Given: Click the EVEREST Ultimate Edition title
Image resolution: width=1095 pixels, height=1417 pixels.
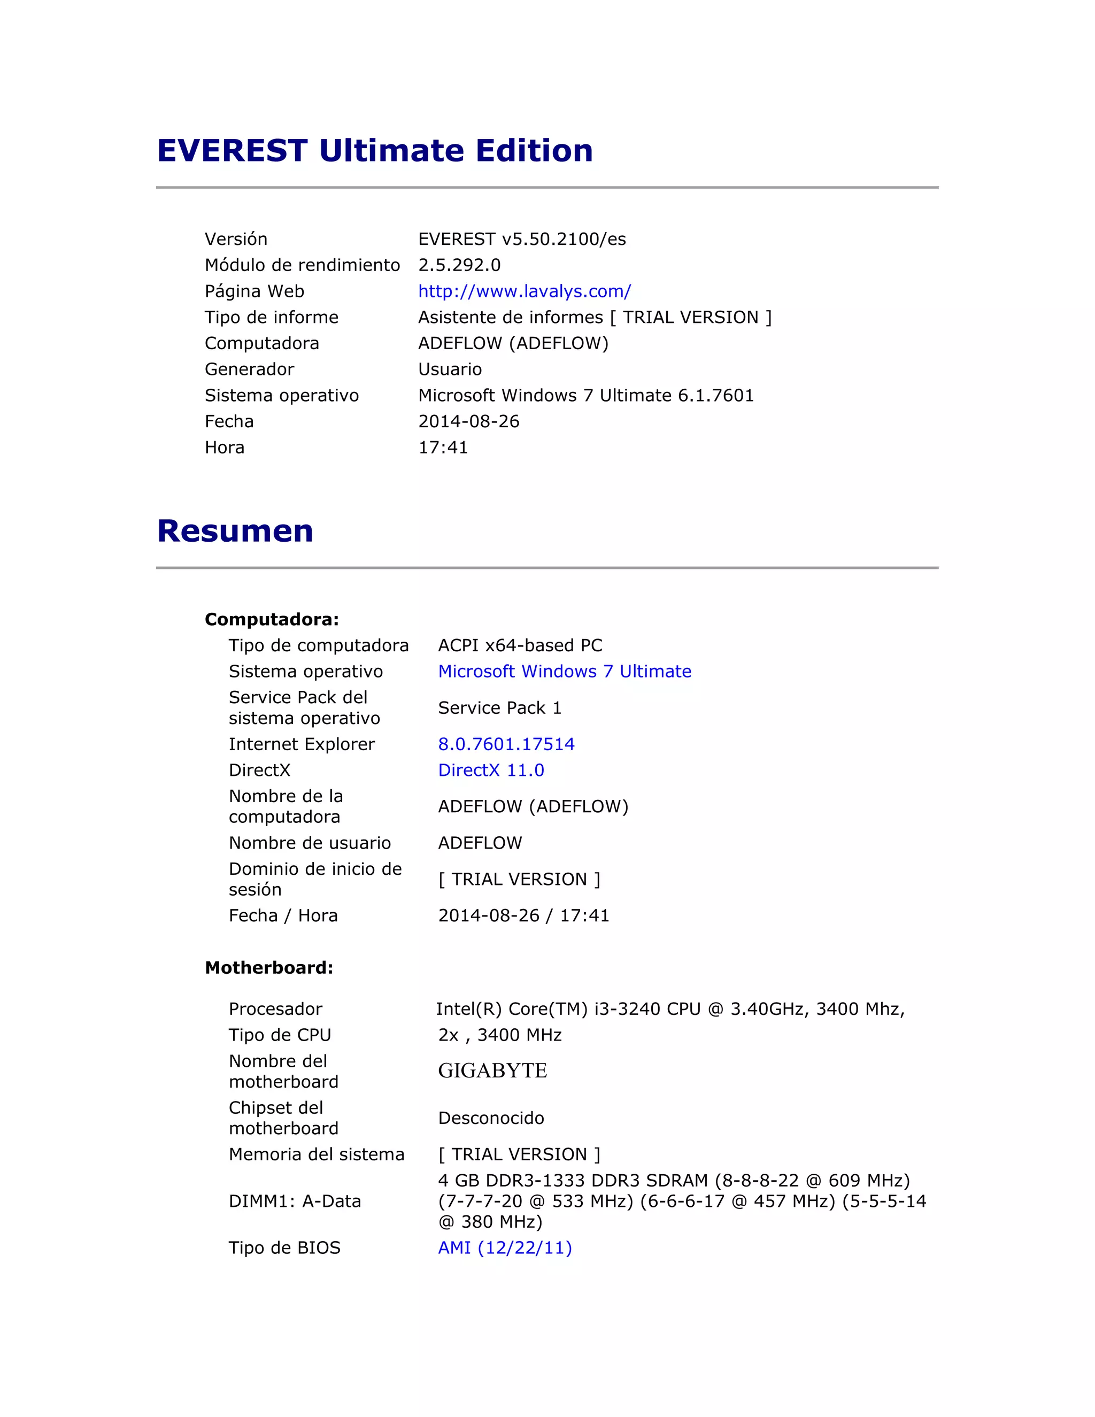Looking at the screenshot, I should click(x=375, y=151).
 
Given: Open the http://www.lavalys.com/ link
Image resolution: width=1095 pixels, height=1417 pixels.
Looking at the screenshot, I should click(x=524, y=291).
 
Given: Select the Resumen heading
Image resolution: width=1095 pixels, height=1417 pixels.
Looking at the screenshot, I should click(x=235, y=531).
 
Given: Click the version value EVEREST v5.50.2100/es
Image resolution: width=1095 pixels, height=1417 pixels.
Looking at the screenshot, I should click(x=521, y=240).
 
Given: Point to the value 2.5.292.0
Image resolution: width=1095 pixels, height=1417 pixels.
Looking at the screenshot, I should click(x=459, y=265).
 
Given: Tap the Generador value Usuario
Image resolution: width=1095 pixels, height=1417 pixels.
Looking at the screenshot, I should click(x=450, y=369).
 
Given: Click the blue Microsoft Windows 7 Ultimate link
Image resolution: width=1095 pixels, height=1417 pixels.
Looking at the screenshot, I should click(x=565, y=672).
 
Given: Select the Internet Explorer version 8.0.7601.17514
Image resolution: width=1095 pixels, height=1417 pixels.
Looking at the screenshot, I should click(x=506, y=744).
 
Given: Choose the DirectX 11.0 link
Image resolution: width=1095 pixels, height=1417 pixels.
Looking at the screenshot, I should click(x=491, y=770).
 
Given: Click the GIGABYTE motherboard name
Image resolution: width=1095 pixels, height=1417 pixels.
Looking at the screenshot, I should click(x=492, y=1071).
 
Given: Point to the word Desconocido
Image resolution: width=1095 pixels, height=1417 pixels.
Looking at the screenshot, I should click(x=491, y=1118).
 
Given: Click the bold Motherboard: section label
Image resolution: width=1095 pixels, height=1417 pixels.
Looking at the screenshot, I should click(x=268, y=967).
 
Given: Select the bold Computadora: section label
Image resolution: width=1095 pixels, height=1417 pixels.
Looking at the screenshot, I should click(x=272, y=620).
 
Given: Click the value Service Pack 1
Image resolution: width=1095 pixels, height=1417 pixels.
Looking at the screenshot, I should click(x=499, y=708).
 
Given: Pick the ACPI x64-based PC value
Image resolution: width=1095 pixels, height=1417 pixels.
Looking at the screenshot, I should click(x=520, y=645).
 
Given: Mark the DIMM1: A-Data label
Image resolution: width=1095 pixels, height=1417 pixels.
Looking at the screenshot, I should click(x=295, y=1201).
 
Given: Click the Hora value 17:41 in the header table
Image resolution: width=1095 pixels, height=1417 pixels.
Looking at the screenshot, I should click(x=443, y=448).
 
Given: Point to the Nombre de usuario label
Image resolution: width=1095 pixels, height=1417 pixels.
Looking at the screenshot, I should click(x=310, y=843).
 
